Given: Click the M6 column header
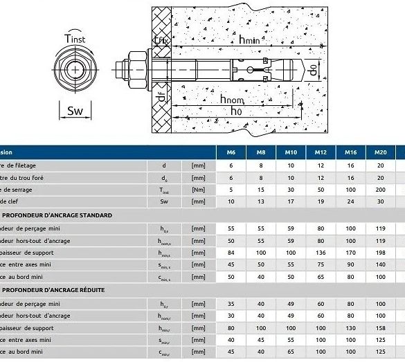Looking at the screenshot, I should (231, 152).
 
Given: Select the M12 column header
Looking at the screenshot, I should (321, 152).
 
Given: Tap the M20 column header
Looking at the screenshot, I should (380, 152).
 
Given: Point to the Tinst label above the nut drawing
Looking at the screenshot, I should (75, 39).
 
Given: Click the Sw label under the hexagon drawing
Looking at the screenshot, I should (75, 110).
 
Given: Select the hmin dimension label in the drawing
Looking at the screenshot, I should (249, 41).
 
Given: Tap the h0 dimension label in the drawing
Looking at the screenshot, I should (236, 111).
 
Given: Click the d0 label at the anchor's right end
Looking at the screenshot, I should (312, 69).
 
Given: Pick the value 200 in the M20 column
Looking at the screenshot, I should (380, 190).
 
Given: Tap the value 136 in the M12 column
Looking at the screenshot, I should (321, 253).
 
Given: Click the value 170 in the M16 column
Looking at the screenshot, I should (350, 253).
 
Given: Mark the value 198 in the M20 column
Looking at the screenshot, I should (380, 253).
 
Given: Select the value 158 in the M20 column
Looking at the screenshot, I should (380, 327).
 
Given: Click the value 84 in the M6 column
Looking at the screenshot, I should (231, 253).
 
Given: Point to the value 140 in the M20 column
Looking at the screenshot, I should (380, 265).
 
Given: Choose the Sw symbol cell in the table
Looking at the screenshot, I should (165, 202).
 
